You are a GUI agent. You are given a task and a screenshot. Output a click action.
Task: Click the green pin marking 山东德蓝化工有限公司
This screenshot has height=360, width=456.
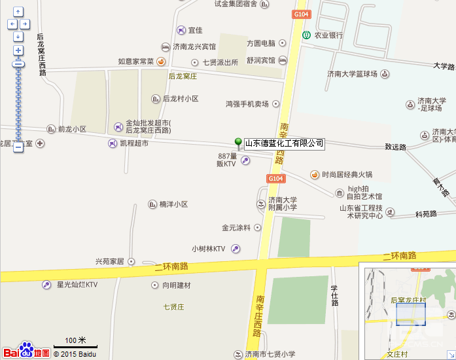[x=238, y=143]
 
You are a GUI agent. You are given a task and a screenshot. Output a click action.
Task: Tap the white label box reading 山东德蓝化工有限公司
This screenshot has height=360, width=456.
[x=284, y=143]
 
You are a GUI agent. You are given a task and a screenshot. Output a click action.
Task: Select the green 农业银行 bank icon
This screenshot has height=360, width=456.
[x=306, y=35]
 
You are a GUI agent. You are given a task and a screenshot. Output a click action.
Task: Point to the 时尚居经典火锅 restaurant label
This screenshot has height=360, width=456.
[x=347, y=175]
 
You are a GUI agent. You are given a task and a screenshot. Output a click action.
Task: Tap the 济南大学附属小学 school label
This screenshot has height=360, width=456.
[x=282, y=204]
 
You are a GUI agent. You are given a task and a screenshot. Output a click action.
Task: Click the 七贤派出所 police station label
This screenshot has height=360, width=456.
[x=220, y=62]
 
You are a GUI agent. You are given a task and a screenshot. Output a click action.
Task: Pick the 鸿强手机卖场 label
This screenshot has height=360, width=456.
[x=247, y=103]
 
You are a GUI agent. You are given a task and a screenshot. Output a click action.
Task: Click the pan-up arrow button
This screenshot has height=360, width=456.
[x=18, y=12]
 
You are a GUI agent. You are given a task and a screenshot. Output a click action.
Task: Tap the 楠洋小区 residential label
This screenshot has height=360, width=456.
[x=173, y=204]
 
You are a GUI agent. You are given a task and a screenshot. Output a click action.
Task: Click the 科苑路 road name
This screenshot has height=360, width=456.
[x=426, y=214]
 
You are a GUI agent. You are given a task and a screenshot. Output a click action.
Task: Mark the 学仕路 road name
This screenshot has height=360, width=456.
[x=334, y=295]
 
